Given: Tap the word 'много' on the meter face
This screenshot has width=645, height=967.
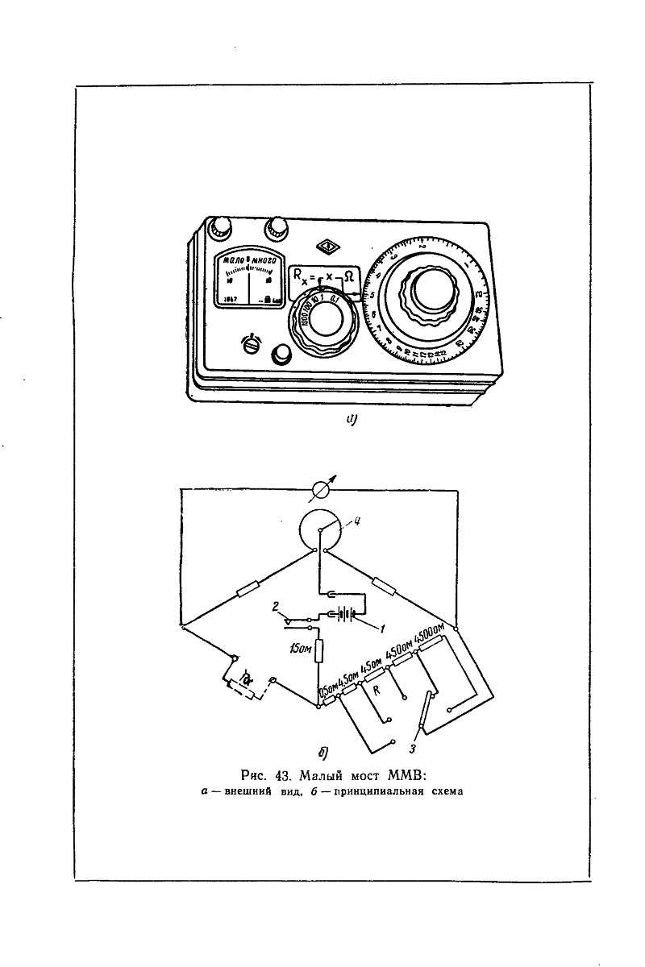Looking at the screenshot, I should (264, 261).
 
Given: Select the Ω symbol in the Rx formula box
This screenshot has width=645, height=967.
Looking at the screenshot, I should (348, 276).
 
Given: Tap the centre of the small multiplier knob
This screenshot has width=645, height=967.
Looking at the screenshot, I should (324, 322).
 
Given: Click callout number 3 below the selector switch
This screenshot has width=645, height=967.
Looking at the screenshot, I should (414, 749).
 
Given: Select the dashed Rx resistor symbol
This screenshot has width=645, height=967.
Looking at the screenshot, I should (247, 687).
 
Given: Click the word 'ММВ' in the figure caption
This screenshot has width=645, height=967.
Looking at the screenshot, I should (406, 777).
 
